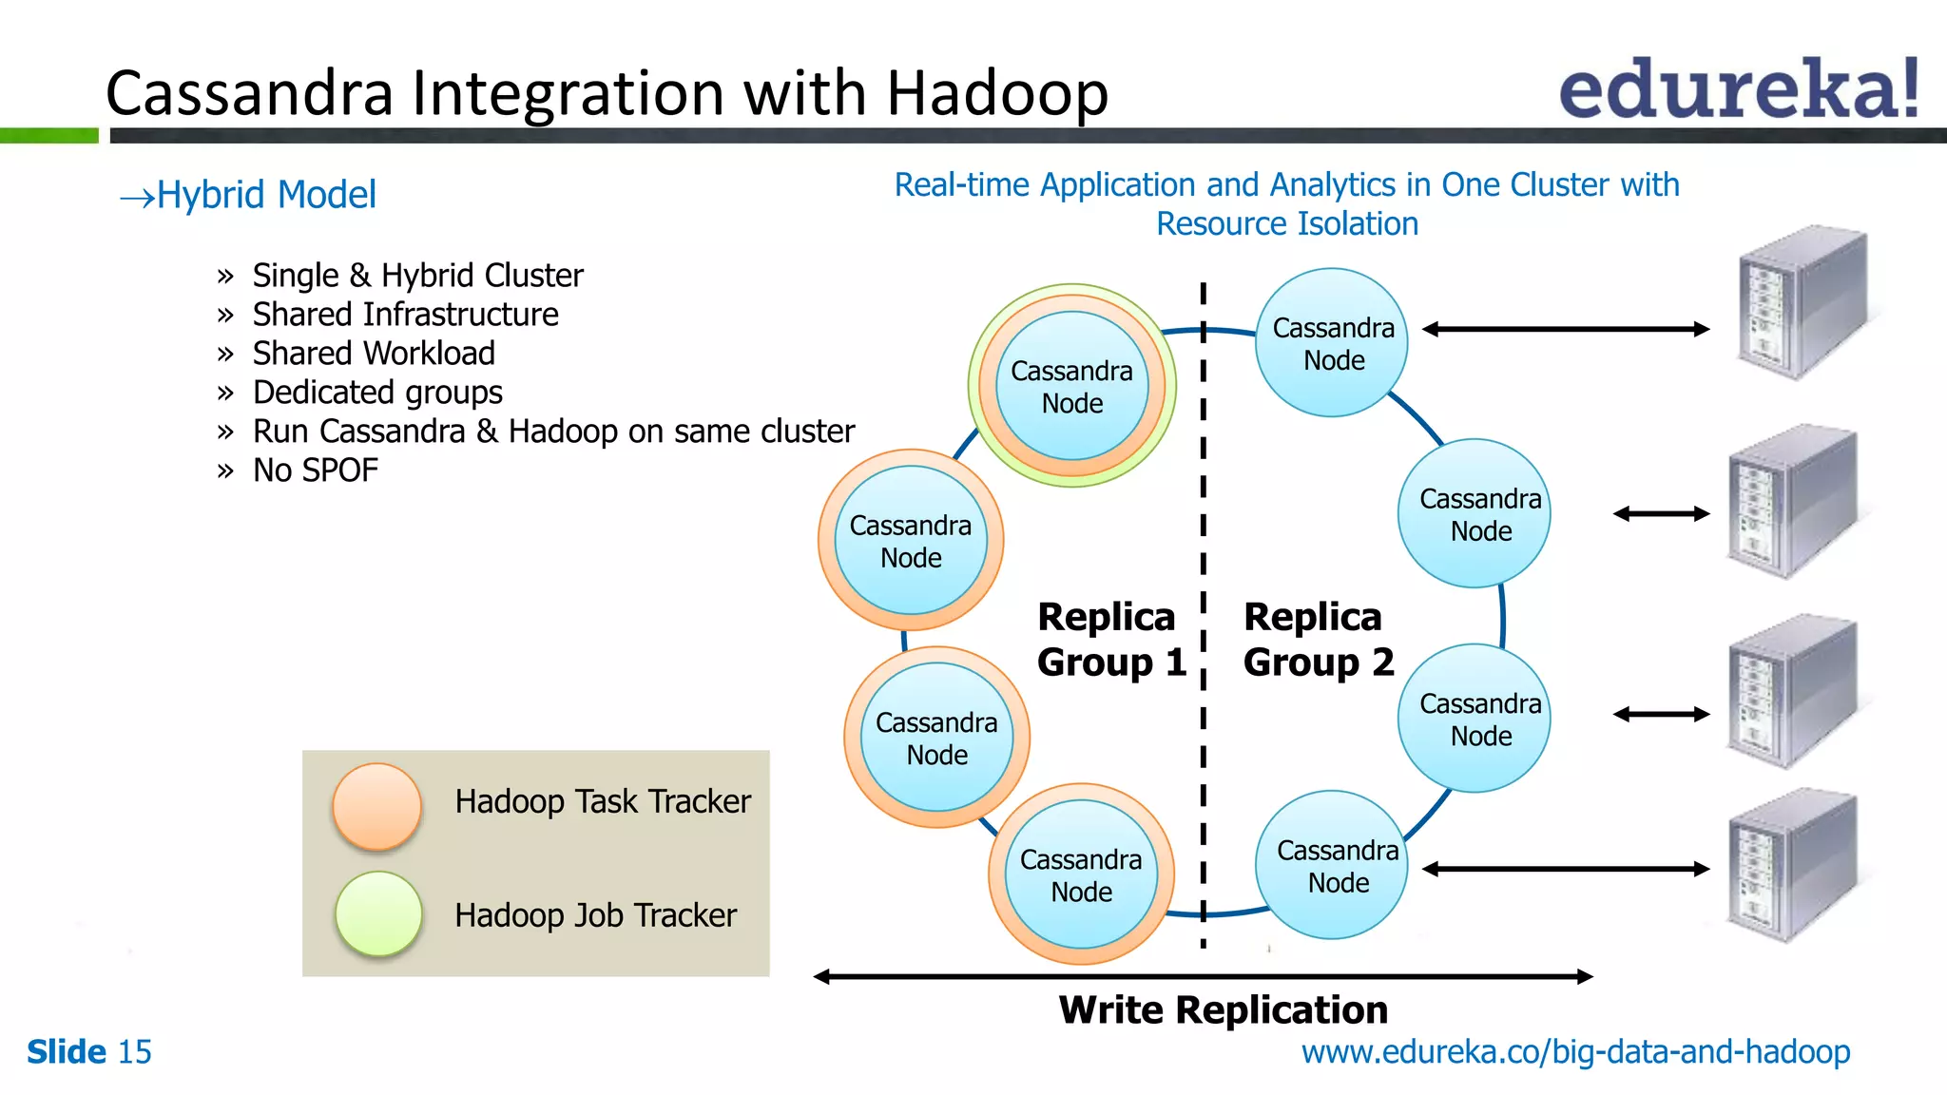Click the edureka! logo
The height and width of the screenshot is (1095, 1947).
tap(1738, 89)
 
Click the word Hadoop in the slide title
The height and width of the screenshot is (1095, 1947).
tap(997, 94)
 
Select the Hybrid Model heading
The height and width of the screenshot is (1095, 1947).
tap(249, 195)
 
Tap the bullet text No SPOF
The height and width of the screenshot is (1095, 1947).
tap(315, 471)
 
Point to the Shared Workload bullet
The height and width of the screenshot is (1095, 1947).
tap(374, 354)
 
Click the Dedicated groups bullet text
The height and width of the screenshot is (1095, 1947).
tap(377, 393)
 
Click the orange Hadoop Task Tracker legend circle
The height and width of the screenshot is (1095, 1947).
tap(377, 806)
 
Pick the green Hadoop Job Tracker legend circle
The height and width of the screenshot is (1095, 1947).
tap(378, 913)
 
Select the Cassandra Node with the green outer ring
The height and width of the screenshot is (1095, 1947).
tap(1072, 386)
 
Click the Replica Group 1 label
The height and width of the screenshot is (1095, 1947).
tap(1110, 640)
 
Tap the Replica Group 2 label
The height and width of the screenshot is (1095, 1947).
tap(1318, 640)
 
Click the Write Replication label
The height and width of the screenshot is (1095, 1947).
tap(1224, 1009)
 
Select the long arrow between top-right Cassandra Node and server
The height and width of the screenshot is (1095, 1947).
tap(1566, 330)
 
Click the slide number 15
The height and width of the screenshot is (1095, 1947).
tap(134, 1052)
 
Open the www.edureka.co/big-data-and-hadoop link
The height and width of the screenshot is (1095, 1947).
tap(1575, 1052)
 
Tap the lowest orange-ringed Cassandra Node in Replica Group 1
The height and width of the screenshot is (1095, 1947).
tap(1082, 874)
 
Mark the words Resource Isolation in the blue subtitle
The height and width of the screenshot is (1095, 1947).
tap(1287, 224)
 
